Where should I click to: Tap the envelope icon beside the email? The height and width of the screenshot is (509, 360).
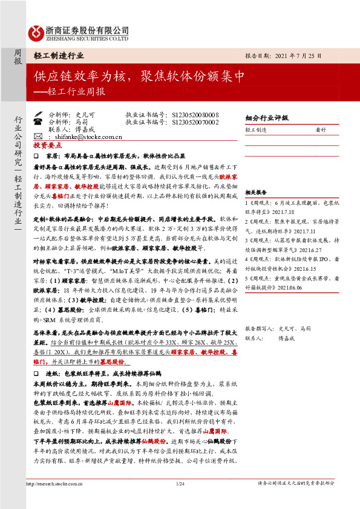[38, 137]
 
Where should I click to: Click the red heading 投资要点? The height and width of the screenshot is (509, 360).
[48, 146]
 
